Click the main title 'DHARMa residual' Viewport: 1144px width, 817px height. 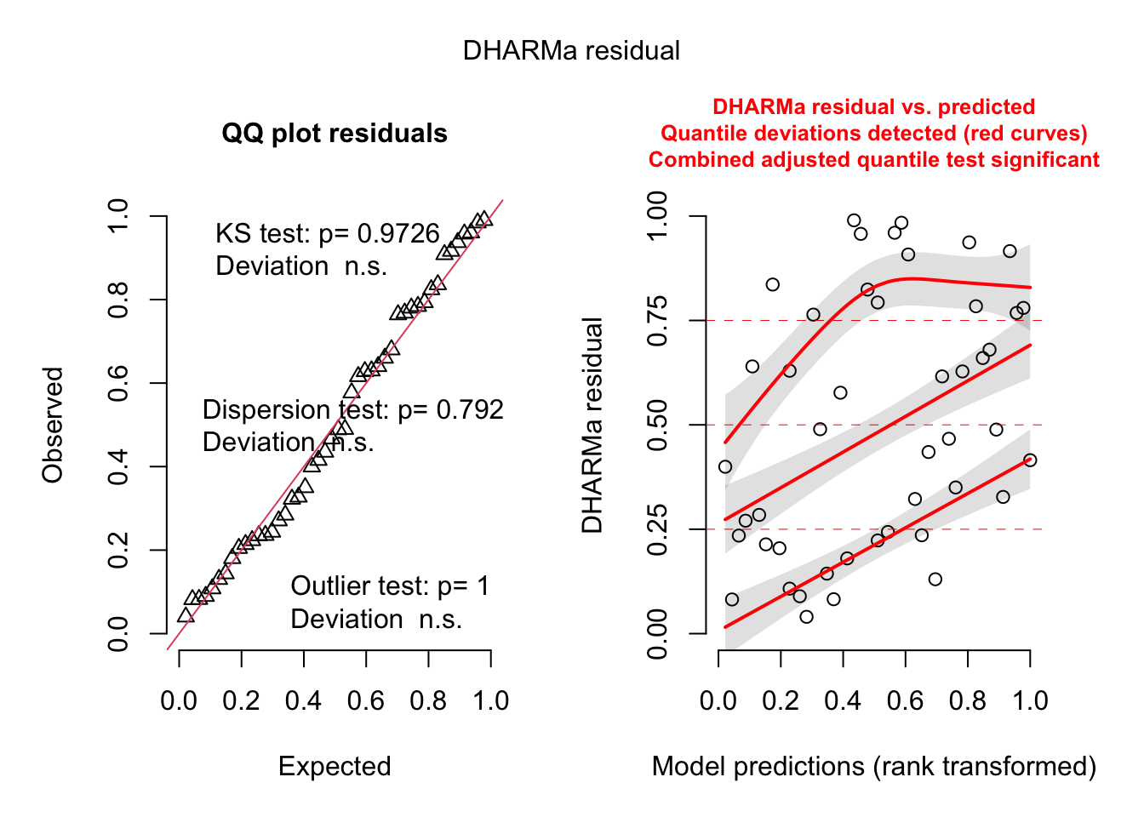point(571,51)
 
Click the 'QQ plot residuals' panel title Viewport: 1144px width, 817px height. point(335,134)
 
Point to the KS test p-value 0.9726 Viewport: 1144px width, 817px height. point(398,234)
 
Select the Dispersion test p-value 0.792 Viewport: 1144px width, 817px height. point(470,410)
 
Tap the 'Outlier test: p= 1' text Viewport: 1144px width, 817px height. point(390,586)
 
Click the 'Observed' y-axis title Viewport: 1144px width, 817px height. point(53,425)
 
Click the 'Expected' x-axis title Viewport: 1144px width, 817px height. point(335,767)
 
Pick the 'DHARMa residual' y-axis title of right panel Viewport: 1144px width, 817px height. point(592,425)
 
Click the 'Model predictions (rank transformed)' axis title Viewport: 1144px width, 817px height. point(874,767)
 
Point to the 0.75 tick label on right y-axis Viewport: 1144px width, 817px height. point(657,321)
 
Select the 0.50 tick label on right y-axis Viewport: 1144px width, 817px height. point(657,425)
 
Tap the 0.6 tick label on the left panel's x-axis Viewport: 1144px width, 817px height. point(366,701)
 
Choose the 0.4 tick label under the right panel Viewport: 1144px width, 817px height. point(843,701)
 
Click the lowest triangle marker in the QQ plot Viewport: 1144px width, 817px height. point(186,615)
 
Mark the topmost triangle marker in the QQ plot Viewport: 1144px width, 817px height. point(484,219)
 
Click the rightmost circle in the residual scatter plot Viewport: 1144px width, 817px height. point(1030,460)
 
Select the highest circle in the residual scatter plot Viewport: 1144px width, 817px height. point(854,220)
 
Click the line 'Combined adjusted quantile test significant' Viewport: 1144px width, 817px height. point(874,160)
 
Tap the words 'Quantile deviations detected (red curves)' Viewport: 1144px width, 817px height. point(874,134)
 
